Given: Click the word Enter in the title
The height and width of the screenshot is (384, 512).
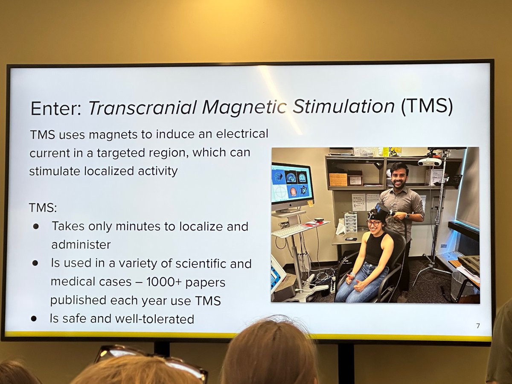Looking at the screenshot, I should click(55, 109).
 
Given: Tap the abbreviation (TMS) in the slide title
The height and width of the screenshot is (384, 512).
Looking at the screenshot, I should click(426, 107).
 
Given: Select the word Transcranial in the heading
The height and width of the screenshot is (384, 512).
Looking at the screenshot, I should click(143, 109).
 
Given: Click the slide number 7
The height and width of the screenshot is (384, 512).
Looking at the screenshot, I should click(477, 326).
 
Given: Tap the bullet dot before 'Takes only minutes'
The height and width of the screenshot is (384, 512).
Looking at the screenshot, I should click(36, 227).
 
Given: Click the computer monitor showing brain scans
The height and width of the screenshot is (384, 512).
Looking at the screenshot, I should click(292, 184).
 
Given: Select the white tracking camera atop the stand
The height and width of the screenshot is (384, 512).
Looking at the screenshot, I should click(429, 162).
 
